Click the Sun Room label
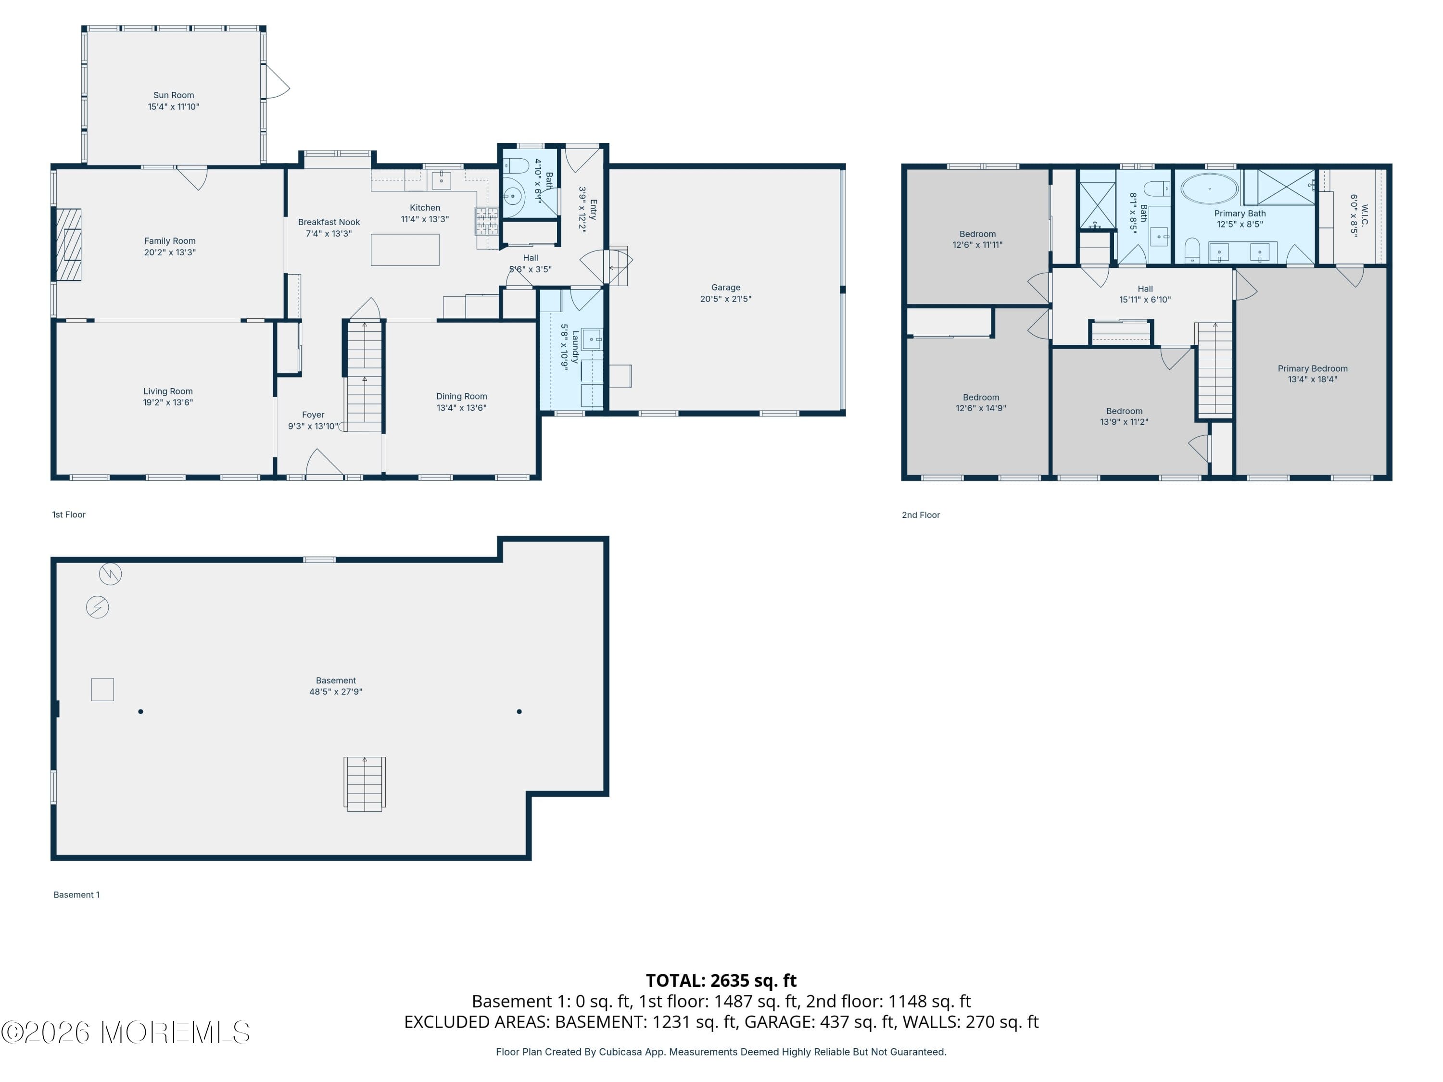click(x=174, y=95)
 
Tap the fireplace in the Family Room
click(x=68, y=245)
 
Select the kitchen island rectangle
click(x=405, y=249)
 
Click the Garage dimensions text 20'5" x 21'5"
click(x=725, y=299)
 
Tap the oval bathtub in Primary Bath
click(x=1209, y=189)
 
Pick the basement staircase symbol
click(x=364, y=783)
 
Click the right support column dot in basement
click(x=519, y=712)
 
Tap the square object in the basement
click(x=102, y=690)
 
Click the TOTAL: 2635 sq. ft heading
click(x=721, y=980)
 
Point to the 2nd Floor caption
click(x=921, y=515)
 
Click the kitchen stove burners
click(x=486, y=221)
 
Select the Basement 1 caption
click(x=76, y=894)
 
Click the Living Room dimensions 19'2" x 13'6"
click(x=168, y=403)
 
